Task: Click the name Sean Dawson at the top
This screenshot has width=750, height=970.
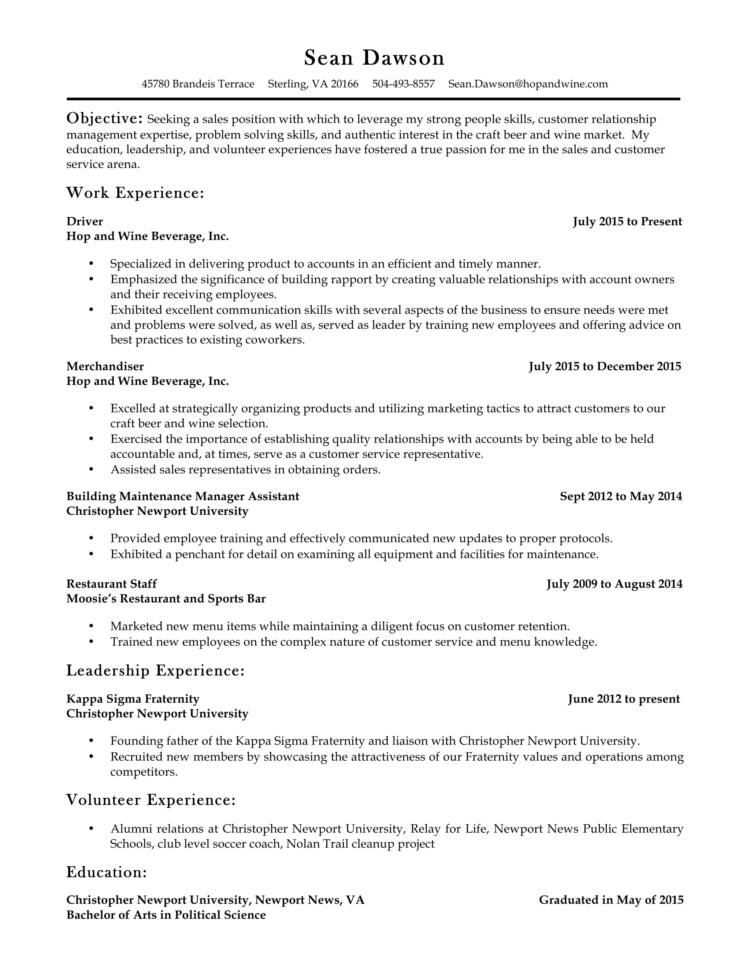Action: click(x=374, y=58)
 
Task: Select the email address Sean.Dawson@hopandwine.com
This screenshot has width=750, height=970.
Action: click(x=528, y=84)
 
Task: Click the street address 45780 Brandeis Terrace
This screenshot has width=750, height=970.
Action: click(x=198, y=84)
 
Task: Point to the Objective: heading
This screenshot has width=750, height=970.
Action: click(x=104, y=119)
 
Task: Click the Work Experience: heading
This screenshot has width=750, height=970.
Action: click(x=135, y=193)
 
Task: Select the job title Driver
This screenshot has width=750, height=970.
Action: click(x=85, y=221)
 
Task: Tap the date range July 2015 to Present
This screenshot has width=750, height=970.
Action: click(x=627, y=221)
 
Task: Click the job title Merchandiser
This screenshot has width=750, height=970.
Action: click(x=105, y=366)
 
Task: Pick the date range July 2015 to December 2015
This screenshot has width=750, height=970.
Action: click(x=605, y=366)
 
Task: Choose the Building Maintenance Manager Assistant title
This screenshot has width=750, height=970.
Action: click(x=183, y=496)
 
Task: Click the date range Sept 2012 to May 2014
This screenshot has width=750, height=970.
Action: click(x=621, y=496)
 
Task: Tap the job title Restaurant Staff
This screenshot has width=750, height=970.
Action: click(x=112, y=583)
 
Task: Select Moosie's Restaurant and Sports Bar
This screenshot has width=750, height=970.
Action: click(x=166, y=599)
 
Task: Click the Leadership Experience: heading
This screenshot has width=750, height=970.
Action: click(x=156, y=671)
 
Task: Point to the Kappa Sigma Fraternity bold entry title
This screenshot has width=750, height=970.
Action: click(x=133, y=699)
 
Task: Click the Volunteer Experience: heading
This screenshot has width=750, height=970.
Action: click(x=151, y=800)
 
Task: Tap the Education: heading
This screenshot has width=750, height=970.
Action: click(x=106, y=872)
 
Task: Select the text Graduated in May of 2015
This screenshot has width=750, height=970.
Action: click(x=611, y=900)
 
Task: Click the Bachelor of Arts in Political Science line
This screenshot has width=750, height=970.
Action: click(x=166, y=915)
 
